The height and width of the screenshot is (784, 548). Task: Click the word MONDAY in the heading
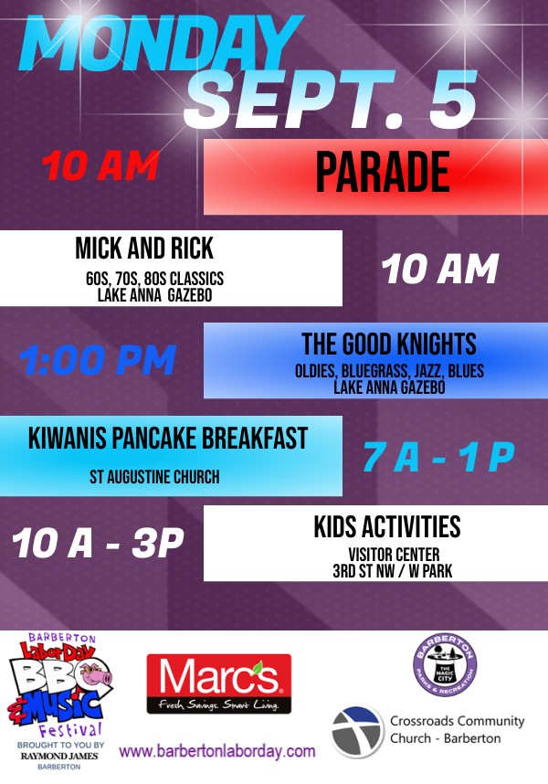161,43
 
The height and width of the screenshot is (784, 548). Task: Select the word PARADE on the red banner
384,173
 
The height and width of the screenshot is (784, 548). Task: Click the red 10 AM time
100,165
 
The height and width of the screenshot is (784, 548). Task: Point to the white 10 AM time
440,269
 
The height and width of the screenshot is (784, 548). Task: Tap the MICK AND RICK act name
144,248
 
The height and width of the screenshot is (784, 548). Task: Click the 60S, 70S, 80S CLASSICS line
155,279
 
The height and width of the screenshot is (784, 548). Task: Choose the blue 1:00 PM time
98,360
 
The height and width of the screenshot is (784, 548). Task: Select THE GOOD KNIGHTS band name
389,344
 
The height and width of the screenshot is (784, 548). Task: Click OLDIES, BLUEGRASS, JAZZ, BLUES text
390,371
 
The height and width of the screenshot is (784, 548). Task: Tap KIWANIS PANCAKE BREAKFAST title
168,438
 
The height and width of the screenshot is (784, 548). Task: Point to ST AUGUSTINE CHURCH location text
155,477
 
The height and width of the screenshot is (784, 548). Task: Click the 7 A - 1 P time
438,457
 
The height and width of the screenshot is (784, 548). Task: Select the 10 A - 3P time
98,543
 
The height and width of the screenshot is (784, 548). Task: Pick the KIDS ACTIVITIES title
387,526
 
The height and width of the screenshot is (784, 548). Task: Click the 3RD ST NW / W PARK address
393,571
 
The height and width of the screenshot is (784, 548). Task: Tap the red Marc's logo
219,683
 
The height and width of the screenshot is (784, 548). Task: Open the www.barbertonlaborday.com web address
217,751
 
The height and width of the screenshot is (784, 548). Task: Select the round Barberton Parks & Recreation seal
445,665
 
